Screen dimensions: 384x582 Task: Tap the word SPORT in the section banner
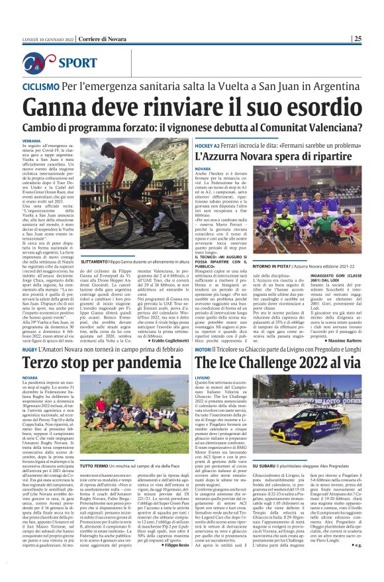78,64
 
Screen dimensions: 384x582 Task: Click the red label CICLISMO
41,87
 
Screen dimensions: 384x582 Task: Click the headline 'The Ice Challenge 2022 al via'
287,363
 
